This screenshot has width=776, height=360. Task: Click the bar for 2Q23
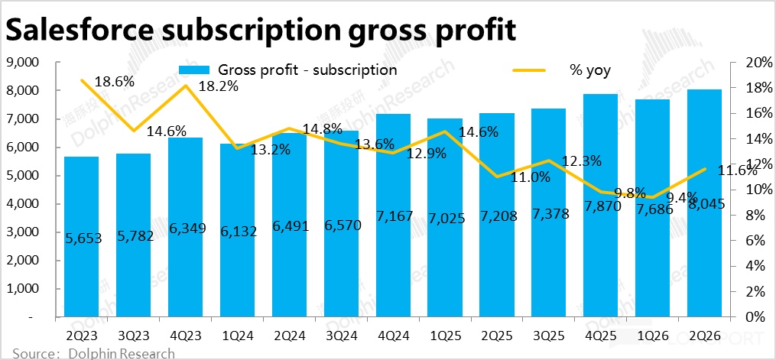(x=82, y=236)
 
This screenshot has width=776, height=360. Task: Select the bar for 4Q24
(x=394, y=215)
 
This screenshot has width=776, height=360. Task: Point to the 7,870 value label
(x=602, y=208)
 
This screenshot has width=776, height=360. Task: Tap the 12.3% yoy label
(x=581, y=161)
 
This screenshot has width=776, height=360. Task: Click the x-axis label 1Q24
(x=238, y=334)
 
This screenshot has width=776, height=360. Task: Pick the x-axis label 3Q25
(x=550, y=334)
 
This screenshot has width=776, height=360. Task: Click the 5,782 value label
(x=134, y=236)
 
